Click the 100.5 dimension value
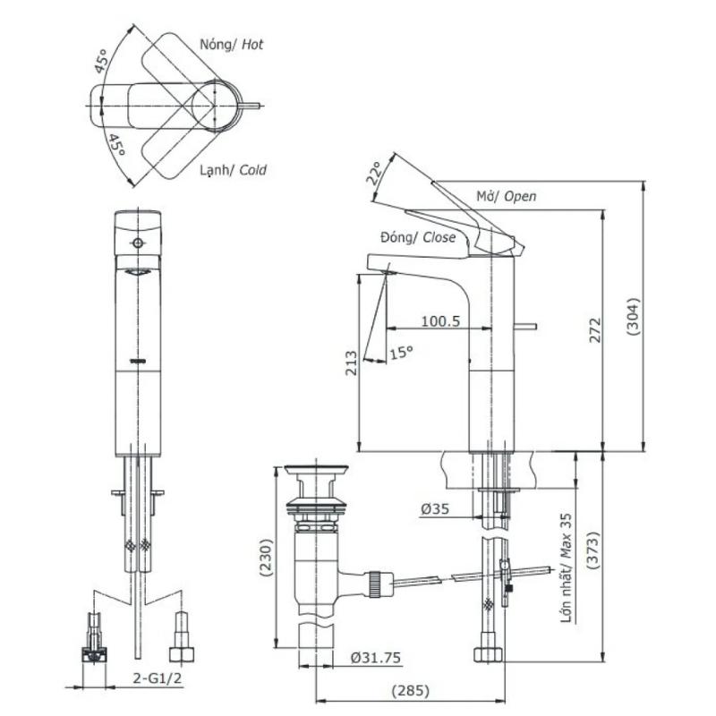(x=440, y=320)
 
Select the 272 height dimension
(x=594, y=329)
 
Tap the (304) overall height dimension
(x=633, y=317)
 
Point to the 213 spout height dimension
(x=351, y=362)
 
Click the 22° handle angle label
(x=374, y=173)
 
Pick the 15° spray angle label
(x=401, y=353)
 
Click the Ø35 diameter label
(x=435, y=508)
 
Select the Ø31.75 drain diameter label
(x=375, y=657)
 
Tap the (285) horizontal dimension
(x=411, y=690)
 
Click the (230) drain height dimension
(x=266, y=558)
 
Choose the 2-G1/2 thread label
(x=158, y=678)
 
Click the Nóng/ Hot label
(x=232, y=44)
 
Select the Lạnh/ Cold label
(x=233, y=170)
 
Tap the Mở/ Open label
(x=506, y=196)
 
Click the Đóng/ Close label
(x=418, y=237)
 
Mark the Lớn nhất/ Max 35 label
(x=567, y=568)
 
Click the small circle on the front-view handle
(x=138, y=243)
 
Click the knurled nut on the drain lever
(x=377, y=584)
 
